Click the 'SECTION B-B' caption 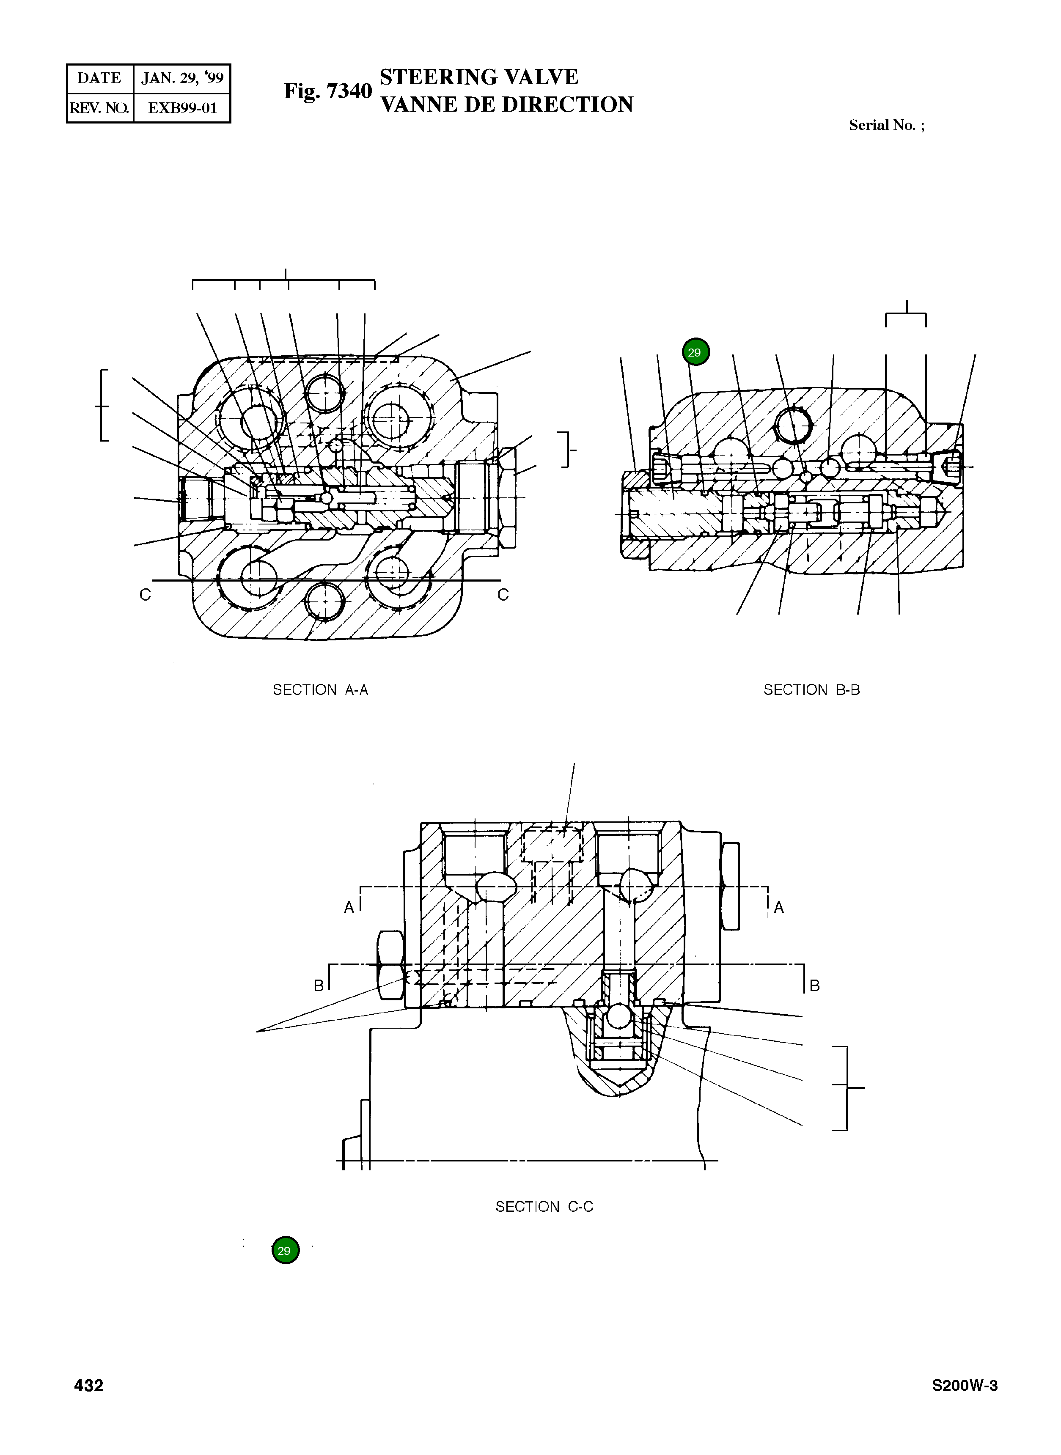point(811,689)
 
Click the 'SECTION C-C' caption point(544,1206)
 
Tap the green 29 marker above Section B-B point(695,352)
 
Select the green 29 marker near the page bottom point(285,1250)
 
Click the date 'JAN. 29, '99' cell point(182,78)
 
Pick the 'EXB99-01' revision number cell point(182,108)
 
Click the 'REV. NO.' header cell point(99,108)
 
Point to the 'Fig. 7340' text point(327,91)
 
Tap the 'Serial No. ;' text point(886,125)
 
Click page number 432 point(89,1386)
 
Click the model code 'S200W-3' point(965,1386)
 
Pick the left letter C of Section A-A point(145,595)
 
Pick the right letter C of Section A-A point(503,595)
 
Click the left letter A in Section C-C point(349,907)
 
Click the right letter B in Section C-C point(814,985)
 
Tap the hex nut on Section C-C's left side point(390,966)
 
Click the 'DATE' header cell point(99,78)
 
